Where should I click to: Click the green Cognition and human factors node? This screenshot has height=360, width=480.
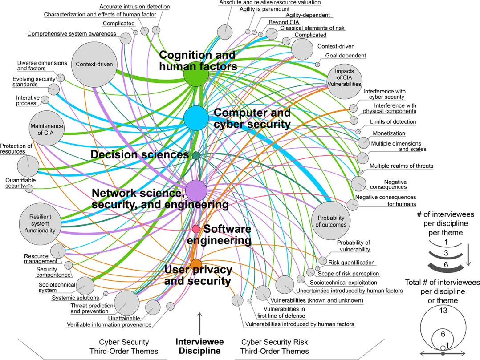(x=196, y=74)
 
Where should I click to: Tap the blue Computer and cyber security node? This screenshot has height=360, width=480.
(x=196, y=118)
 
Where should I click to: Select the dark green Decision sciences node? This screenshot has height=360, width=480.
(x=196, y=155)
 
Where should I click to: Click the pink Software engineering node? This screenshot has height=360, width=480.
(x=196, y=229)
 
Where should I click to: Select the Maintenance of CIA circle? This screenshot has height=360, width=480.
(x=46, y=129)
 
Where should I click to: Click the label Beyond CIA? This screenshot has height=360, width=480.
(x=284, y=21)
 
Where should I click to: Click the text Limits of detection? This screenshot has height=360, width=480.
(x=393, y=122)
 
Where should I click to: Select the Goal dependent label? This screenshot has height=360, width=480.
(x=346, y=56)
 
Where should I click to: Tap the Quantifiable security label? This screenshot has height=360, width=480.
(x=15, y=183)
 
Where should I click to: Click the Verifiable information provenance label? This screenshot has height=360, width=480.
(x=109, y=324)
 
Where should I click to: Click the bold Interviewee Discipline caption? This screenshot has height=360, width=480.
(x=199, y=346)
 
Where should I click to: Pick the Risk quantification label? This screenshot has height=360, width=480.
(x=351, y=263)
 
